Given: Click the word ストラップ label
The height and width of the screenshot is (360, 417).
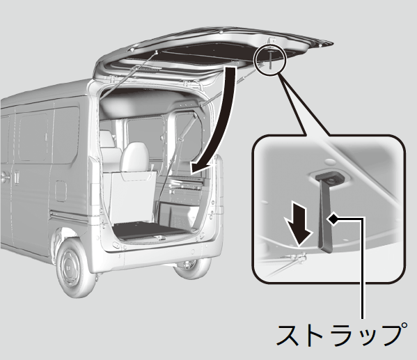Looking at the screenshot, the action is click(341, 334).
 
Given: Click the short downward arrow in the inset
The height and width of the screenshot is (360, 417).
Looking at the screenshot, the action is click(298, 224).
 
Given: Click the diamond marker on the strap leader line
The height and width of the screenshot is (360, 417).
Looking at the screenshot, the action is click(333, 219).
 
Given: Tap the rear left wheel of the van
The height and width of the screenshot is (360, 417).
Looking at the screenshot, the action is click(76, 266).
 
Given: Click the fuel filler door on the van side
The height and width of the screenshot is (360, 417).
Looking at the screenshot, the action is click(61, 191).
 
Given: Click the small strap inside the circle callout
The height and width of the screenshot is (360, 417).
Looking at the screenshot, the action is click(270, 59).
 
